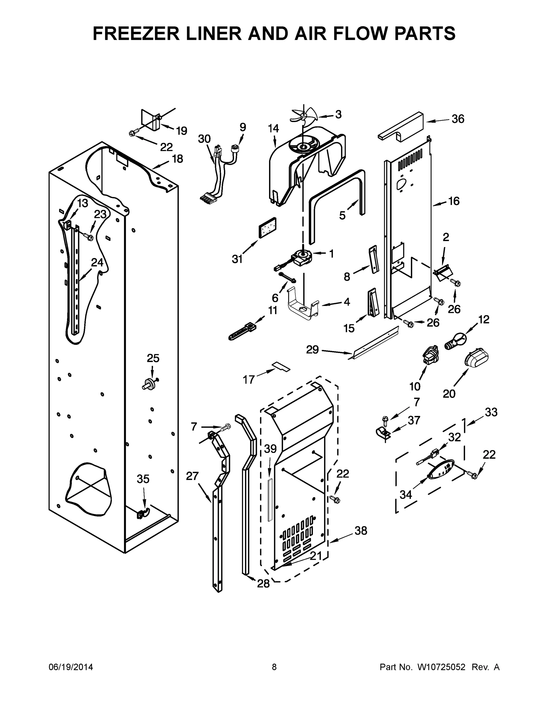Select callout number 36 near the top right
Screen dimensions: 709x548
458,119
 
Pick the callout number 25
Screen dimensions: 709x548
153,358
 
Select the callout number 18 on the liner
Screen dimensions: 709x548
177,159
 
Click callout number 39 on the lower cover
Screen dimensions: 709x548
270,449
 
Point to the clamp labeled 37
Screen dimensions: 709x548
383,433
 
